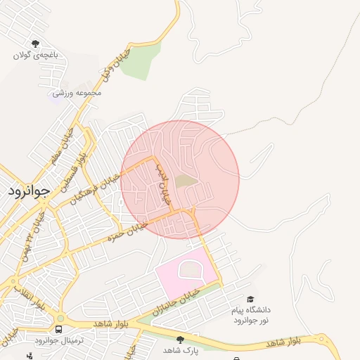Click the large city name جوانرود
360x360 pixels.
[30, 191]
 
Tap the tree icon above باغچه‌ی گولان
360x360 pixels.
[36, 44]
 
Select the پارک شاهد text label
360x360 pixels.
[181, 349]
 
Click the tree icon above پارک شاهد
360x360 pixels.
[181, 339]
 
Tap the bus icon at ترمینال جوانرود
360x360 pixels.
[58, 329]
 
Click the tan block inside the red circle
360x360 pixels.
[186, 181]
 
